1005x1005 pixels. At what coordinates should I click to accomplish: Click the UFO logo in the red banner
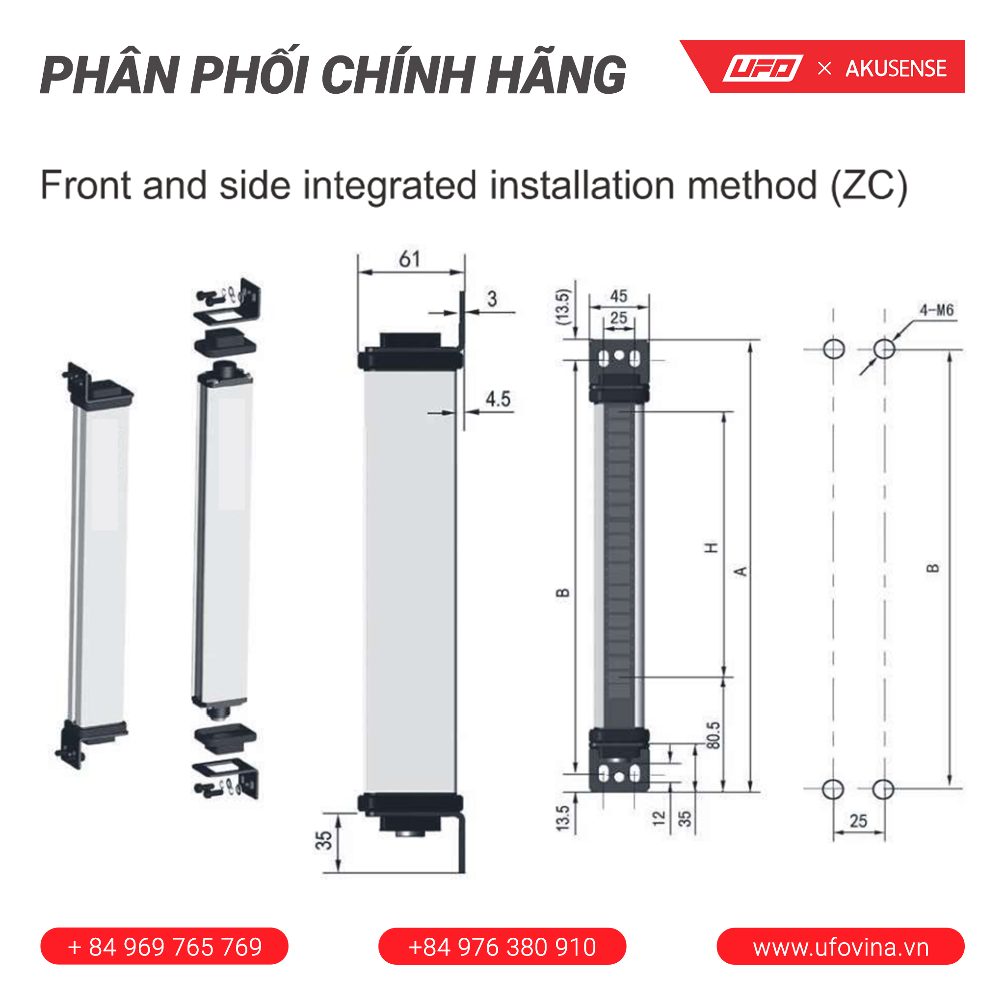pyautogui.click(x=763, y=68)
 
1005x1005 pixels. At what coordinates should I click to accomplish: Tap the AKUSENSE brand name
pyautogui.click(x=896, y=69)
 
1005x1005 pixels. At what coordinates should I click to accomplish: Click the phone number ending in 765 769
pyautogui.click(x=164, y=947)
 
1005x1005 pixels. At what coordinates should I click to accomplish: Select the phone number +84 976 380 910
pyautogui.click(x=502, y=947)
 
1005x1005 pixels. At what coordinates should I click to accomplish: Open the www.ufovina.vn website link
pyautogui.click(x=841, y=947)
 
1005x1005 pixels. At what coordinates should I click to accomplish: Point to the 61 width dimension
pyautogui.click(x=409, y=259)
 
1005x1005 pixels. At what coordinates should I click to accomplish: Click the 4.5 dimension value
pyautogui.click(x=498, y=399)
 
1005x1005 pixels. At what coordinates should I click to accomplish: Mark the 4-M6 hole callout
pyautogui.click(x=936, y=311)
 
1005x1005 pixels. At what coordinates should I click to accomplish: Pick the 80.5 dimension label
pyautogui.click(x=714, y=735)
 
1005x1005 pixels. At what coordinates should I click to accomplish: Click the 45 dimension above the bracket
pyautogui.click(x=618, y=296)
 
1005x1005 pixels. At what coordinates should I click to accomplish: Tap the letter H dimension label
pyautogui.click(x=711, y=548)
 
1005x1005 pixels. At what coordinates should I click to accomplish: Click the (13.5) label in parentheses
pyautogui.click(x=563, y=307)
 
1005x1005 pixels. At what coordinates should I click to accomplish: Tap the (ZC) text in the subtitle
pyautogui.click(x=869, y=185)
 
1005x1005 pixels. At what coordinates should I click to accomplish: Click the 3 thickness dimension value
pyautogui.click(x=492, y=298)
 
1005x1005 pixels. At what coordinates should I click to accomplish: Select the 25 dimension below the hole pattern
pyautogui.click(x=858, y=821)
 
